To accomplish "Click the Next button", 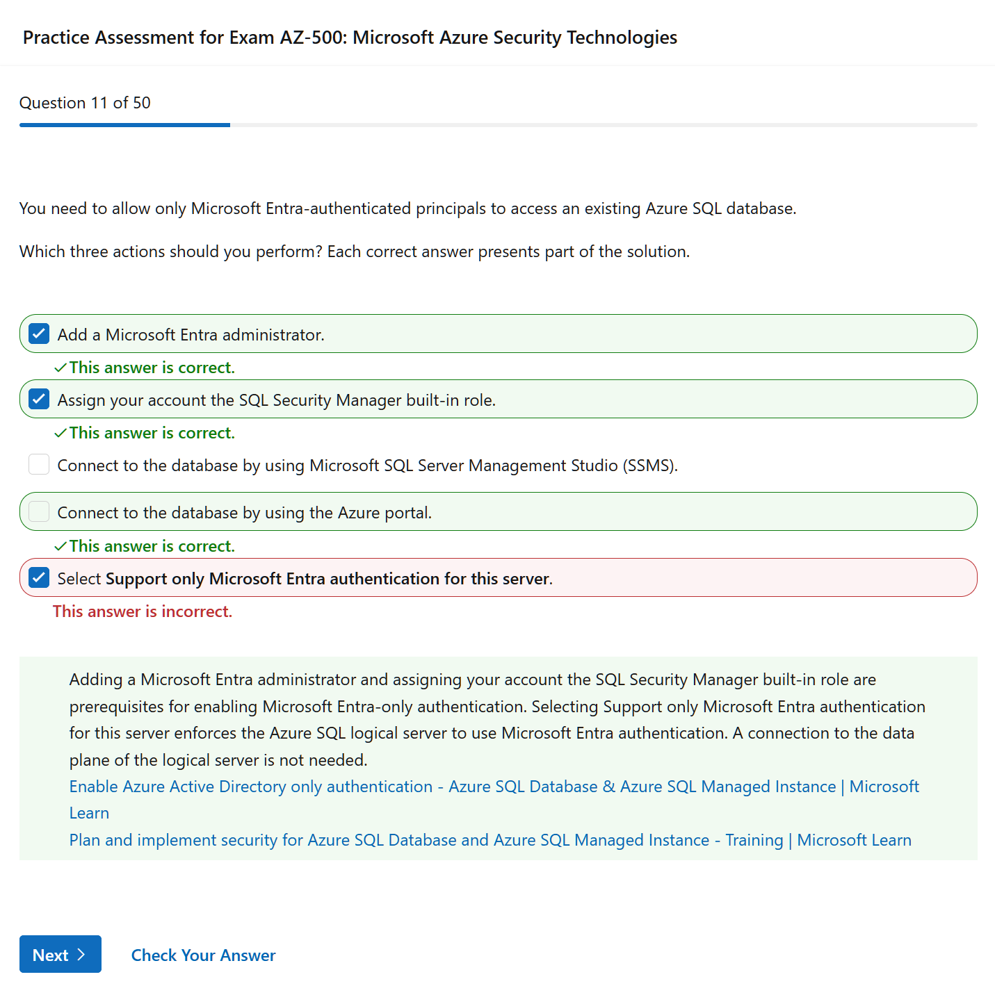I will (x=60, y=954).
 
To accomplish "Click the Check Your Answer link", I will (x=203, y=955).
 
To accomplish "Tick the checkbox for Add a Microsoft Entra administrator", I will (x=39, y=334).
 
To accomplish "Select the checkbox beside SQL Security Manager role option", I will (x=39, y=400).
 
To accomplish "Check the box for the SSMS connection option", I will (x=39, y=465).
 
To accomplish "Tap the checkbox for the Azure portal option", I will (x=39, y=512).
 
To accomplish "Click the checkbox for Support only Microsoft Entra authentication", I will (x=39, y=578).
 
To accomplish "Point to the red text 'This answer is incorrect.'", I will (x=143, y=611).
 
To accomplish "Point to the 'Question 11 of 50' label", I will (x=85, y=103).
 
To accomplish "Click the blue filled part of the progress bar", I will (x=124, y=125).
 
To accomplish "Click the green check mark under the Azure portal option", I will (x=60, y=546).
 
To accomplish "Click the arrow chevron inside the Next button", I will (x=81, y=954).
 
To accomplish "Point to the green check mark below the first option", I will (x=60, y=368).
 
